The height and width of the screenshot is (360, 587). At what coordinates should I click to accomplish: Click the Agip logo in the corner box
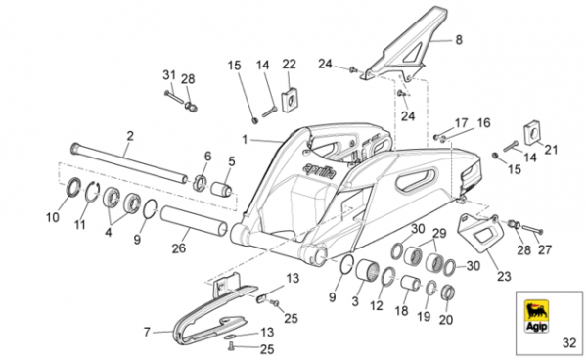537,316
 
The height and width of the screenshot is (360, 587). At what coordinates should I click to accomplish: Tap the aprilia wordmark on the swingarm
320,171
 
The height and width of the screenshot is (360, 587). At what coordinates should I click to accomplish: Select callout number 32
569,342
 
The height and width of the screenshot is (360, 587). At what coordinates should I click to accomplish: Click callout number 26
179,247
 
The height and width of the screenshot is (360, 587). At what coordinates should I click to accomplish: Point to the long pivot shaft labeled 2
129,164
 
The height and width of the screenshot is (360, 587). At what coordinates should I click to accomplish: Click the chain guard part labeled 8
404,43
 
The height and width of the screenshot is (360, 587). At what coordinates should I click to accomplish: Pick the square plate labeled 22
289,100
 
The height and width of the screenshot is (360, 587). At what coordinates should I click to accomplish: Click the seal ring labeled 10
73,187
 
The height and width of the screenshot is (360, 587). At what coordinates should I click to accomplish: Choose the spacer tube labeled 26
194,221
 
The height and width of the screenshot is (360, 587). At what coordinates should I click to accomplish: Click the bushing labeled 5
221,188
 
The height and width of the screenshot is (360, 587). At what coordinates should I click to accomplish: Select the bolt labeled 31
174,97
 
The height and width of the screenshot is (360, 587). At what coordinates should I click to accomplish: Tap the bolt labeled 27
531,229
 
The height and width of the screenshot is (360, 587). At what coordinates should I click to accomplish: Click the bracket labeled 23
480,232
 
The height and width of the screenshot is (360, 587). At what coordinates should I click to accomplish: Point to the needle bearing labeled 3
366,270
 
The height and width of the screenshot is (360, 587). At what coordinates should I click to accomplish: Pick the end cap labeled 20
448,292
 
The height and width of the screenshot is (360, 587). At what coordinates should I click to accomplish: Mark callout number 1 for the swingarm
245,140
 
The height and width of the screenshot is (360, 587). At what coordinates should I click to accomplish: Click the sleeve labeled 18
410,283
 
